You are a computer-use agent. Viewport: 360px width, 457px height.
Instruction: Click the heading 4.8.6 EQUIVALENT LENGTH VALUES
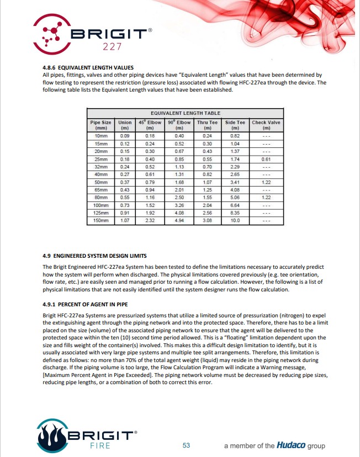pyautogui.click(x=88, y=68)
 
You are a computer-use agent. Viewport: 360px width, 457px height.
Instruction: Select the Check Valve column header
pyautogui.click(x=266, y=125)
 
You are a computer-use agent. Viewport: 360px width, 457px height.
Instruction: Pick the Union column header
pyautogui.click(x=125, y=125)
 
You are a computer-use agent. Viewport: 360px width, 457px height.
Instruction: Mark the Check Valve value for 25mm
pyautogui.click(x=266, y=158)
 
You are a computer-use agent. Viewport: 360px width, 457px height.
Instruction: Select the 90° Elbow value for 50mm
pyautogui.click(x=179, y=182)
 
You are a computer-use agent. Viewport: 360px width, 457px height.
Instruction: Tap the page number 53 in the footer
pyautogui.click(x=186, y=445)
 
